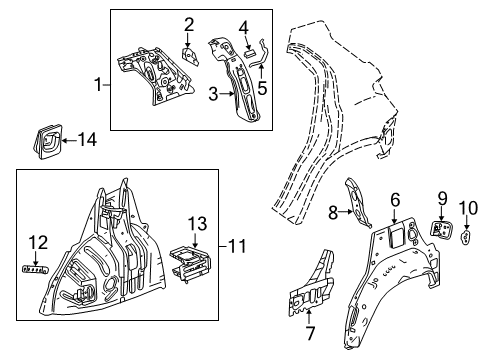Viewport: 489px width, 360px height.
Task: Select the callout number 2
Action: (x=189, y=24)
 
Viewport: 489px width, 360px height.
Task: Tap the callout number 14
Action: (x=441, y=198)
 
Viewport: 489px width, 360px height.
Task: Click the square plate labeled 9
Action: (x=440, y=228)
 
